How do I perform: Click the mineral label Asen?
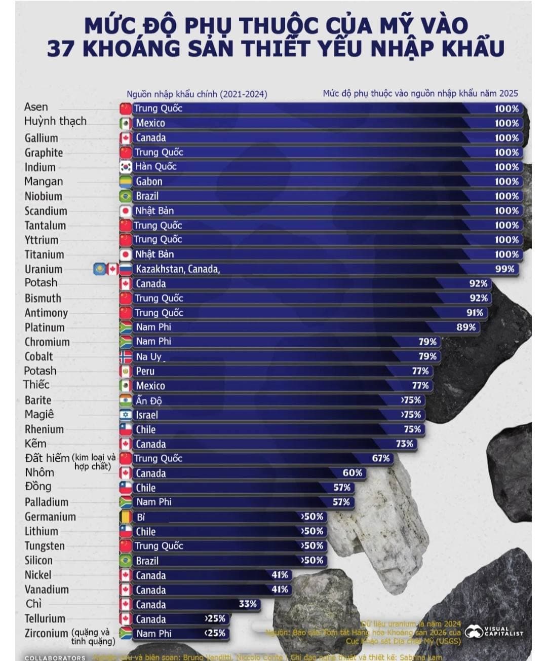tap(36, 107)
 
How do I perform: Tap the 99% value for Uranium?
tap(504, 269)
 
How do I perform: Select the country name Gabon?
tap(149, 181)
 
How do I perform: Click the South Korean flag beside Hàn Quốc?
tap(126, 167)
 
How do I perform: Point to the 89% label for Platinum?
tap(466, 327)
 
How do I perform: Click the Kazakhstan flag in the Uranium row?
tap(99, 269)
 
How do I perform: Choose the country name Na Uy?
tap(149, 356)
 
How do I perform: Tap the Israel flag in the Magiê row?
tap(126, 415)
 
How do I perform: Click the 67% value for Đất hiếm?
tap(381, 458)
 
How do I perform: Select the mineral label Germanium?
tap(50, 517)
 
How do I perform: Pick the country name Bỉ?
tap(141, 517)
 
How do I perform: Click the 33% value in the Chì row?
tap(248, 604)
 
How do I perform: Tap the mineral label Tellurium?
tap(45, 618)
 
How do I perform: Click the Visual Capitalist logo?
tap(494, 632)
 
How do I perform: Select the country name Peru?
tap(145, 371)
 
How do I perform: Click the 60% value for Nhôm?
tap(352, 473)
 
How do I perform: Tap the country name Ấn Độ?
tap(148, 400)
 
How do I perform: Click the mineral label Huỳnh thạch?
tap(55, 121)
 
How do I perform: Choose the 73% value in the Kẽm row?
tap(404, 444)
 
